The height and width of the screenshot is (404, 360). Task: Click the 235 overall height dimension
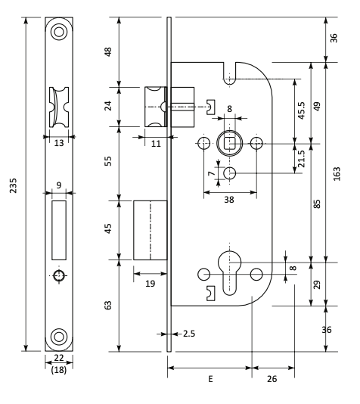point(14,185)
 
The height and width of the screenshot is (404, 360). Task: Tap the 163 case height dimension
point(337,174)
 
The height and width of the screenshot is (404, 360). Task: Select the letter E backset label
point(211,379)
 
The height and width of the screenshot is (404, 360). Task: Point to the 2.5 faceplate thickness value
point(189,334)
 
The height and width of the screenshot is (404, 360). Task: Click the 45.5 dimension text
point(301,110)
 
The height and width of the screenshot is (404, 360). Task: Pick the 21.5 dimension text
point(301,159)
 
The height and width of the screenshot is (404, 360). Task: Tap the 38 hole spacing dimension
point(229,200)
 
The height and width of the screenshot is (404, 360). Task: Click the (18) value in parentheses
point(59,370)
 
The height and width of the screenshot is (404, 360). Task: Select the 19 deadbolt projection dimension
point(151,284)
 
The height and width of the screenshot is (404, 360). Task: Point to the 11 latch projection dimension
point(156,144)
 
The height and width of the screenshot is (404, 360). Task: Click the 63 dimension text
point(109,305)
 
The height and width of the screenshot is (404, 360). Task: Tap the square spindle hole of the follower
point(229,143)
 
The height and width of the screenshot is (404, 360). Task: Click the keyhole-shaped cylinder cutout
point(229,273)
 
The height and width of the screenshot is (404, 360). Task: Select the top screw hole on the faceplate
point(59,32)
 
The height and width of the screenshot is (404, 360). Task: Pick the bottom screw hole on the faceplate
point(59,337)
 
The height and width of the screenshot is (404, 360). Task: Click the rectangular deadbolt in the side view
point(151,230)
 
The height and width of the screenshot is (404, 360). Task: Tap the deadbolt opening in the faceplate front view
point(59,230)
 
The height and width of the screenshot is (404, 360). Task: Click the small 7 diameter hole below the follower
point(229,173)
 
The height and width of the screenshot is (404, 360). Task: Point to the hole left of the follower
point(203,143)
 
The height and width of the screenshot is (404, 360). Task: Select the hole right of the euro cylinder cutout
point(256,275)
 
